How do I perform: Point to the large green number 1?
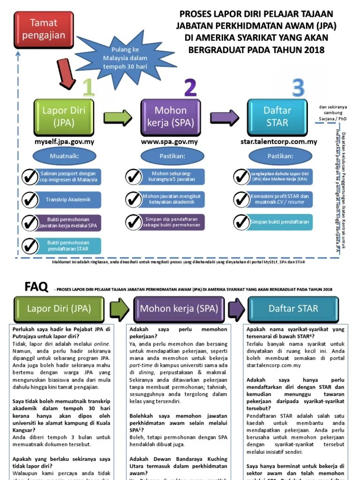click(87, 88)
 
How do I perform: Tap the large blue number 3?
click(298, 88)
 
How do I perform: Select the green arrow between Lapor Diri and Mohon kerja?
click(118, 117)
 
